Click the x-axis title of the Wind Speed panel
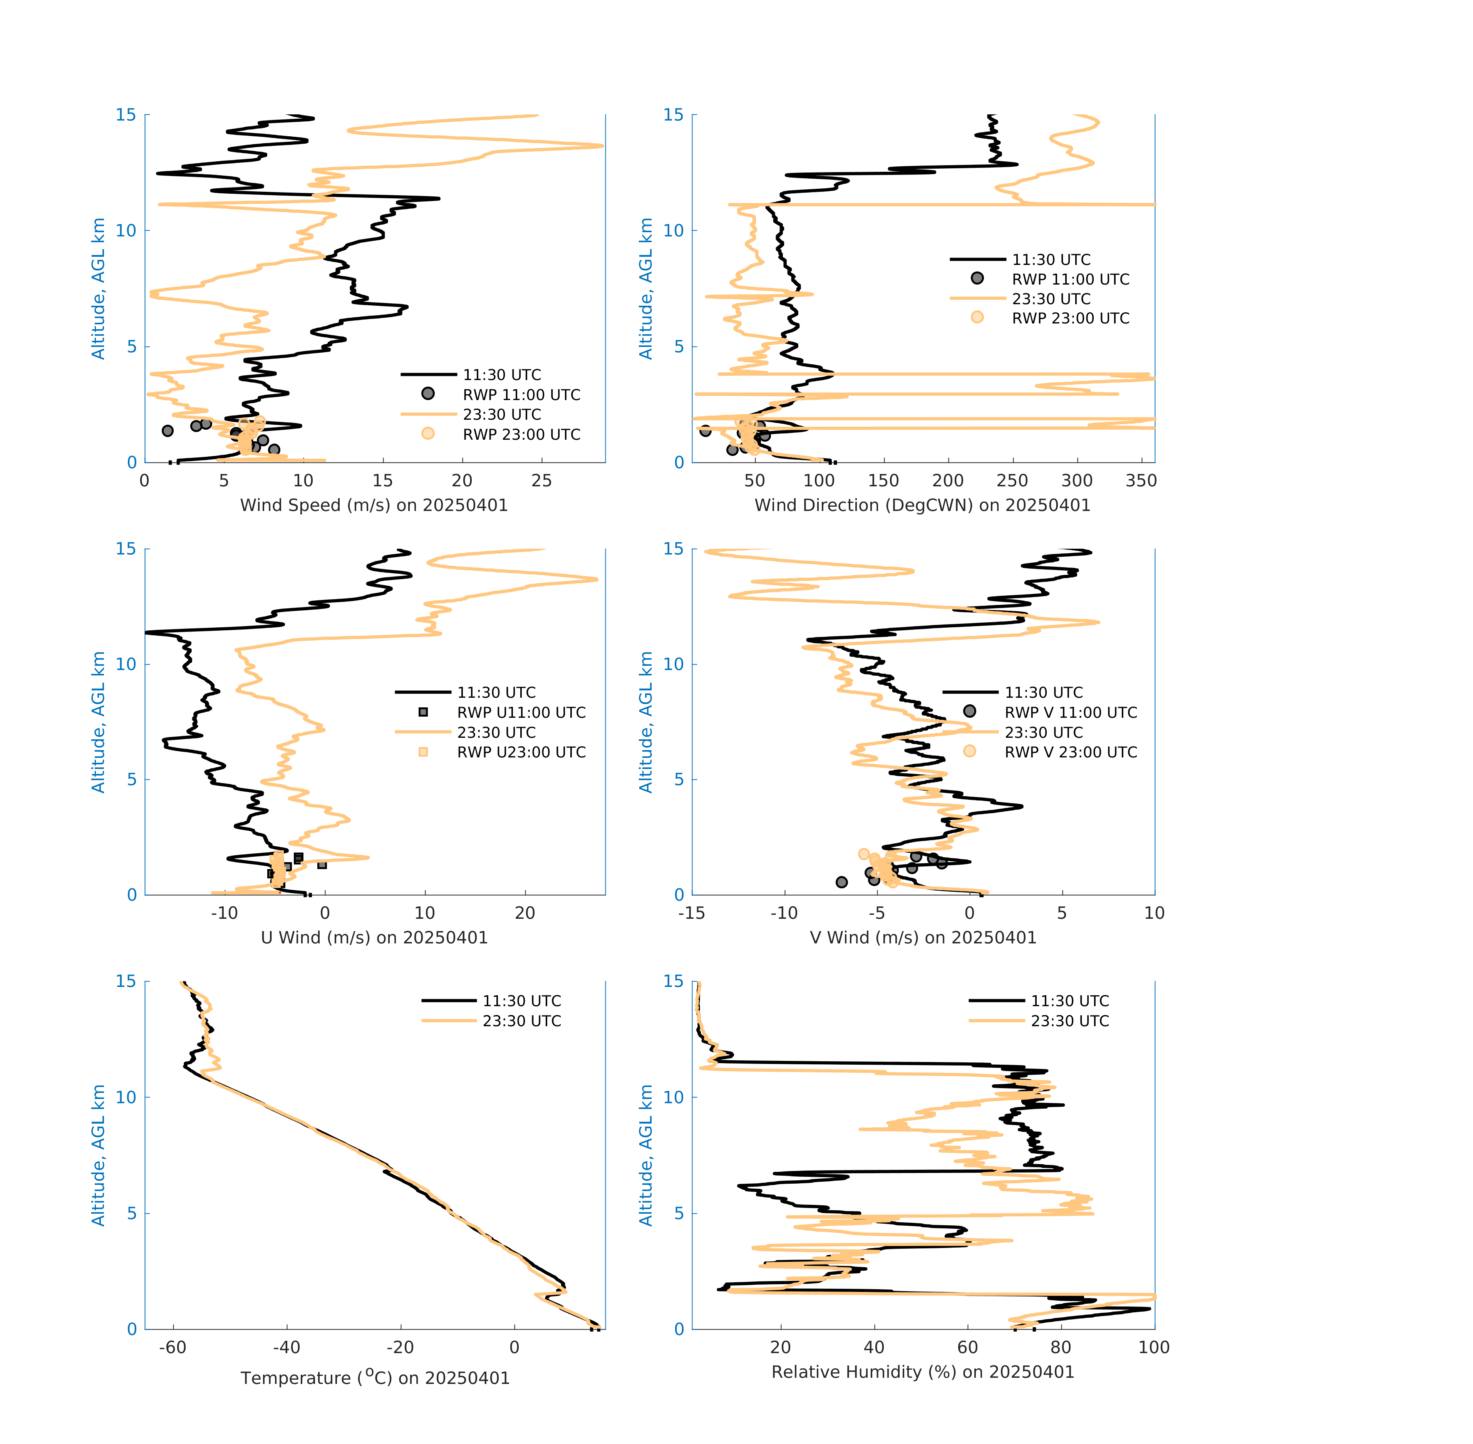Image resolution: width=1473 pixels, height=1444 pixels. click(x=374, y=505)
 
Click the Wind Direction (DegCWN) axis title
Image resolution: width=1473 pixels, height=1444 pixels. click(x=922, y=505)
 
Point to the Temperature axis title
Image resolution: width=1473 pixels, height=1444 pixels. click(x=375, y=1377)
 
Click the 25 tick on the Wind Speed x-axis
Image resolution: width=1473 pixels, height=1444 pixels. click(x=541, y=481)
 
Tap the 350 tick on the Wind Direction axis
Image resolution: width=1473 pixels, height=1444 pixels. click(x=1141, y=481)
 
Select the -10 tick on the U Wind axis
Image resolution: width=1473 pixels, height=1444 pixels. click(x=225, y=913)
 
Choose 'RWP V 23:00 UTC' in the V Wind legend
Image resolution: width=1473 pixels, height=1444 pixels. click(x=1070, y=752)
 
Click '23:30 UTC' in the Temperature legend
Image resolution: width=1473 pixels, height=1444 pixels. click(x=522, y=1021)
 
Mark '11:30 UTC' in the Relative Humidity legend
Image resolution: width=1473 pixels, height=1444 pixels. click(x=1069, y=1001)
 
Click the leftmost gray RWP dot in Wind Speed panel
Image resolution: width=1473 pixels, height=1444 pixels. click(x=168, y=431)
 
